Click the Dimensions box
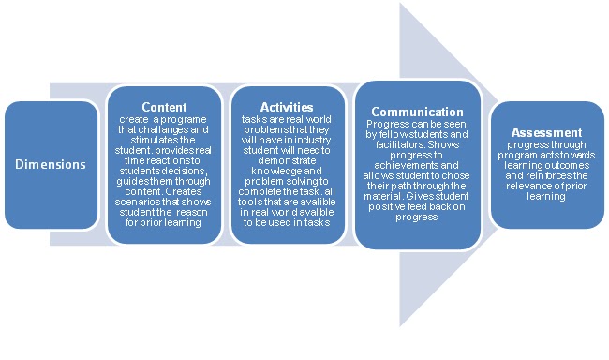tap(51, 164)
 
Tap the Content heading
tap(164, 108)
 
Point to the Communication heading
tap(417, 112)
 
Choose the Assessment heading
tap(546, 133)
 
